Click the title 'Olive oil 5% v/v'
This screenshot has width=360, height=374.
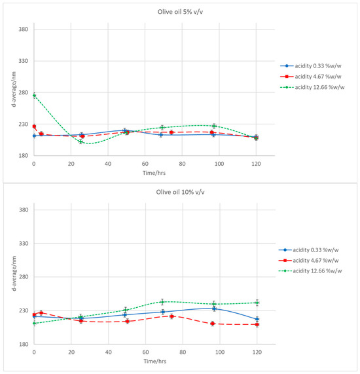pos(180,12)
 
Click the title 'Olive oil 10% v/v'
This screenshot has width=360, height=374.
pos(180,192)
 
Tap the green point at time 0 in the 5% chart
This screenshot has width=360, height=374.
pos(34,96)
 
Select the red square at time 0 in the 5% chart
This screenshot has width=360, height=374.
pos(34,126)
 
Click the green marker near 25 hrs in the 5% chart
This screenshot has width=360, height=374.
pos(81,141)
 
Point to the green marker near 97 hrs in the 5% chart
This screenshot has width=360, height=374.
pos(214,126)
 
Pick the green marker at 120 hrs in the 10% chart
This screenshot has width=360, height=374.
pos(257,303)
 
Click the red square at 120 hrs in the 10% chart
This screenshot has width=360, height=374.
pos(257,324)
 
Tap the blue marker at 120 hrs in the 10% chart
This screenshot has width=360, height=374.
pos(257,319)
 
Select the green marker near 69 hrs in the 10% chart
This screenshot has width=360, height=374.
pos(162,302)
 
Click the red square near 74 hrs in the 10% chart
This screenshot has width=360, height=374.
pos(171,316)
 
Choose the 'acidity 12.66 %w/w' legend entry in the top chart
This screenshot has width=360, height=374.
pos(312,87)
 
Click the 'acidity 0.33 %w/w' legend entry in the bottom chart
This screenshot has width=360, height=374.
pos(308,250)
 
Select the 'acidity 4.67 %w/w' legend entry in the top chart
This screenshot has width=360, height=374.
pos(311,77)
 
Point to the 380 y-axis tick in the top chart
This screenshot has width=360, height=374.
pos(24,29)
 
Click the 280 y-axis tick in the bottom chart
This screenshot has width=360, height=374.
pos(24,277)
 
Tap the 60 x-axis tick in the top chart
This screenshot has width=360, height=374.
pos(145,164)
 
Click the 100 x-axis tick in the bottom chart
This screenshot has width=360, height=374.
pos(219,352)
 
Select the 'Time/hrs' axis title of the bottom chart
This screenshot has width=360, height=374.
pos(155,361)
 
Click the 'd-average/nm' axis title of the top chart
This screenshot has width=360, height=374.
pos(14,89)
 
